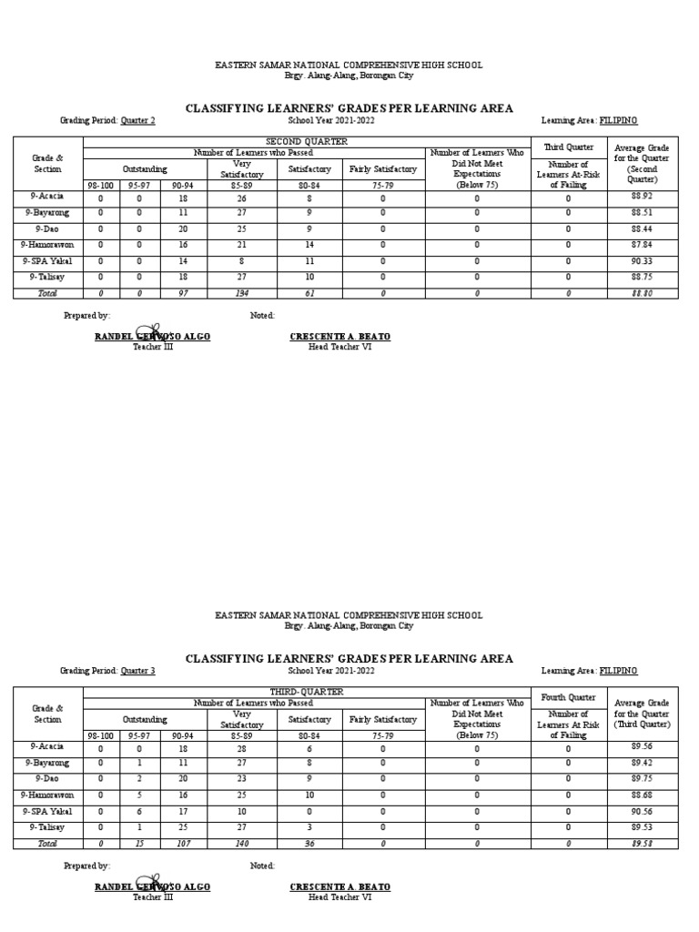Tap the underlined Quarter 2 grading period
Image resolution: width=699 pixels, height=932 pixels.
coord(138,120)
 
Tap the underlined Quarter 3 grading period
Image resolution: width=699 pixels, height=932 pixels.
coord(138,671)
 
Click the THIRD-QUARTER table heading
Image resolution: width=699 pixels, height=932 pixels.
coord(306,693)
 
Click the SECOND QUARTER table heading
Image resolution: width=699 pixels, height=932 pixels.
coord(306,142)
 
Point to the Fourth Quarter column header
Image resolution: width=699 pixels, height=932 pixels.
coord(568,698)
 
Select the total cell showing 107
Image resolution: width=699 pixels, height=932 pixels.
coord(183,845)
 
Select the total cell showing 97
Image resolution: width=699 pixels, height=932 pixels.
coord(183,294)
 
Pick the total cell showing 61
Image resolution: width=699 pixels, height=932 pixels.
coord(310,294)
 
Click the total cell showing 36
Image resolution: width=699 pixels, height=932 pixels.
coord(310,845)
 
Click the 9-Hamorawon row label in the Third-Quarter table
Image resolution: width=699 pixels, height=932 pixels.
coord(47,795)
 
